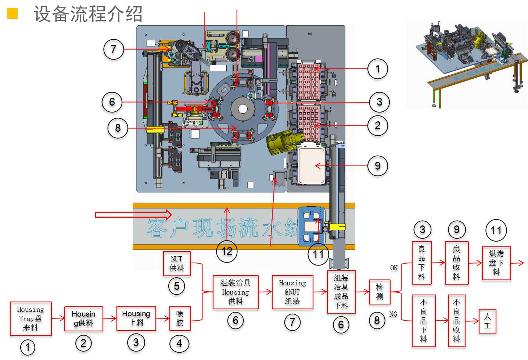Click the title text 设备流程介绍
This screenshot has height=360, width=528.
88,14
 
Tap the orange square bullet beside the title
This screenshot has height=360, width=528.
12,14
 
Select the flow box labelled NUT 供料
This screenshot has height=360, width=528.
177,264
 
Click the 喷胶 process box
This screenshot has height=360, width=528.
180,318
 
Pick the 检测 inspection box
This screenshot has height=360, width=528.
380,292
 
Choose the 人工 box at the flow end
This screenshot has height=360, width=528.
487,321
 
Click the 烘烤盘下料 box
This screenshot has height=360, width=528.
496,263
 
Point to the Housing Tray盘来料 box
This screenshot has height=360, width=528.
30,318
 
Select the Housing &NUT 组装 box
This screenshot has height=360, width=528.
292,292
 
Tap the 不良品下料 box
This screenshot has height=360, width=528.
423,320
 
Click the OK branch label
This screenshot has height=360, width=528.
394,268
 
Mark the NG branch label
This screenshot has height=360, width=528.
393,314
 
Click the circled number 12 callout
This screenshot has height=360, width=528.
227,252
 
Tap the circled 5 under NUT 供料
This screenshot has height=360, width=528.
177,286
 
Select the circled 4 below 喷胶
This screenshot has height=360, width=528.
179,344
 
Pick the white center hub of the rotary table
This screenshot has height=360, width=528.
243,108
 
